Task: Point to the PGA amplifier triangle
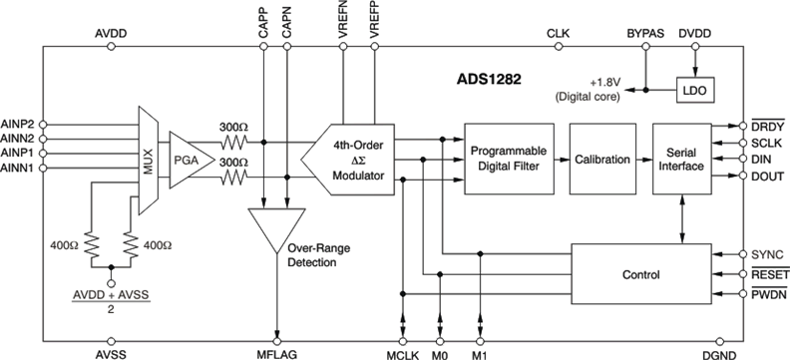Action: click(188, 157)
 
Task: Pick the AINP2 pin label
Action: click(19, 124)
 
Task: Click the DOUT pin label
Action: click(764, 177)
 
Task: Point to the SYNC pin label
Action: click(764, 253)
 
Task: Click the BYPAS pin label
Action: click(645, 33)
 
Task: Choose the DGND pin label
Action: click(715, 351)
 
